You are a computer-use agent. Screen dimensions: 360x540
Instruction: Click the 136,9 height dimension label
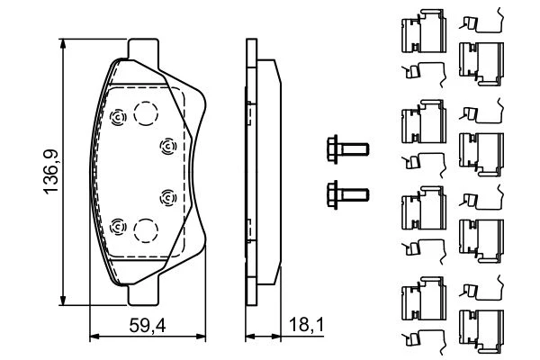(x=51, y=174)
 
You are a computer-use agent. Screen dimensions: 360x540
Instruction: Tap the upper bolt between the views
(x=345, y=147)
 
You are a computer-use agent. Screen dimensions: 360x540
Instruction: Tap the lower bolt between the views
(x=345, y=190)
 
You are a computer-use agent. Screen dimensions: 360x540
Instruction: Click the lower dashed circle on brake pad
(x=145, y=230)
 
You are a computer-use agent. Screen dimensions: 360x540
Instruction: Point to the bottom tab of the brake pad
(x=145, y=293)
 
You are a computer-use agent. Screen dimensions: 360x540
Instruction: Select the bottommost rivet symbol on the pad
(x=116, y=226)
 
